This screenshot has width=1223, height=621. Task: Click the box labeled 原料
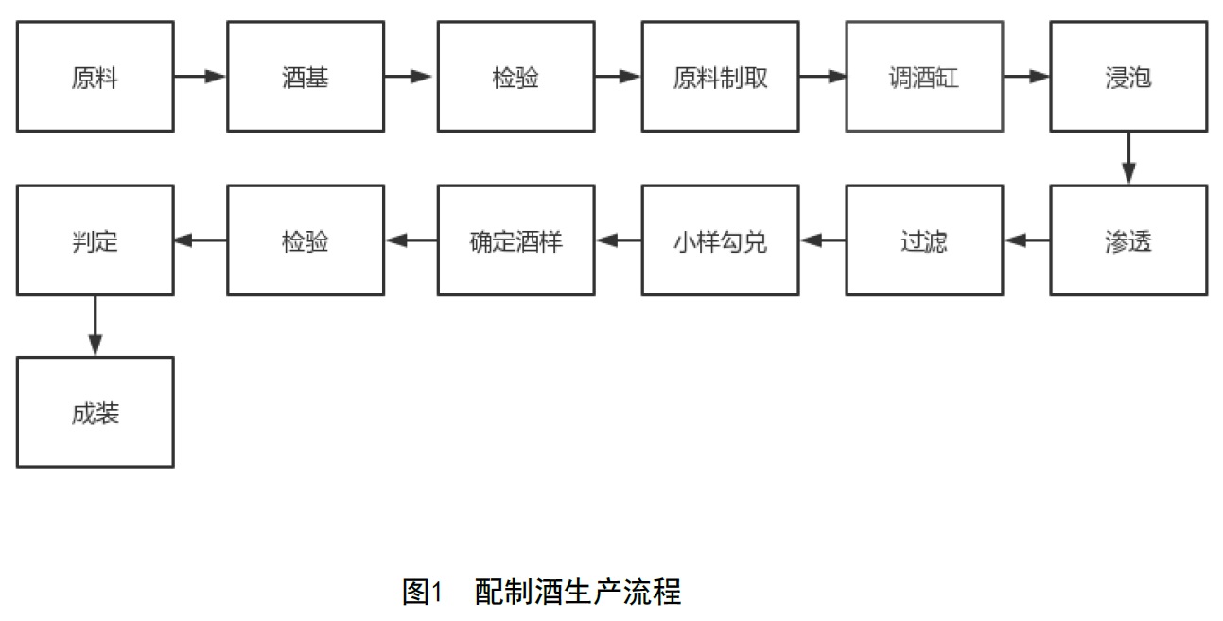click(x=96, y=77)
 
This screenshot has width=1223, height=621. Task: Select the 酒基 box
click(x=306, y=77)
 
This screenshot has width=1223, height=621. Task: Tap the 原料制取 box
click(x=721, y=77)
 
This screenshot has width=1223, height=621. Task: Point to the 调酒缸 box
click(x=925, y=77)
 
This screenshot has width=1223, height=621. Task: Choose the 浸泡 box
click(x=1129, y=77)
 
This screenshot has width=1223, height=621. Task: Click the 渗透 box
click(x=1129, y=240)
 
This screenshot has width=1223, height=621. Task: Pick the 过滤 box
click(x=925, y=240)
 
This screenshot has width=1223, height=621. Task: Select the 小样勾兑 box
click(x=721, y=240)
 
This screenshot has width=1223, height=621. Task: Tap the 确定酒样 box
click(x=516, y=240)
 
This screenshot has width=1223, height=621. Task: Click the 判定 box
click(x=96, y=240)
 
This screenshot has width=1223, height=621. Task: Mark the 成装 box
click(x=96, y=412)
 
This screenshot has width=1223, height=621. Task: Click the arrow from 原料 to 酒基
click(x=201, y=77)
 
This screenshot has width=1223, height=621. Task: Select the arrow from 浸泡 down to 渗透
click(x=1129, y=158)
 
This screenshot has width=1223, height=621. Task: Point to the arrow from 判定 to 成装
click(x=96, y=326)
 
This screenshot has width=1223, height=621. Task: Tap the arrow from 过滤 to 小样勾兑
click(x=823, y=240)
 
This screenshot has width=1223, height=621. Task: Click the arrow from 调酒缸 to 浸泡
click(x=1027, y=77)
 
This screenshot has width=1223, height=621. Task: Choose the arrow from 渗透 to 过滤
click(x=1027, y=240)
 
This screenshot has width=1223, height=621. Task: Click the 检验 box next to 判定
click(x=306, y=240)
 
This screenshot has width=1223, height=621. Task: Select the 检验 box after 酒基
click(x=516, y=77)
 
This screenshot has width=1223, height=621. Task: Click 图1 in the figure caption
click(x=422, y=592)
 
